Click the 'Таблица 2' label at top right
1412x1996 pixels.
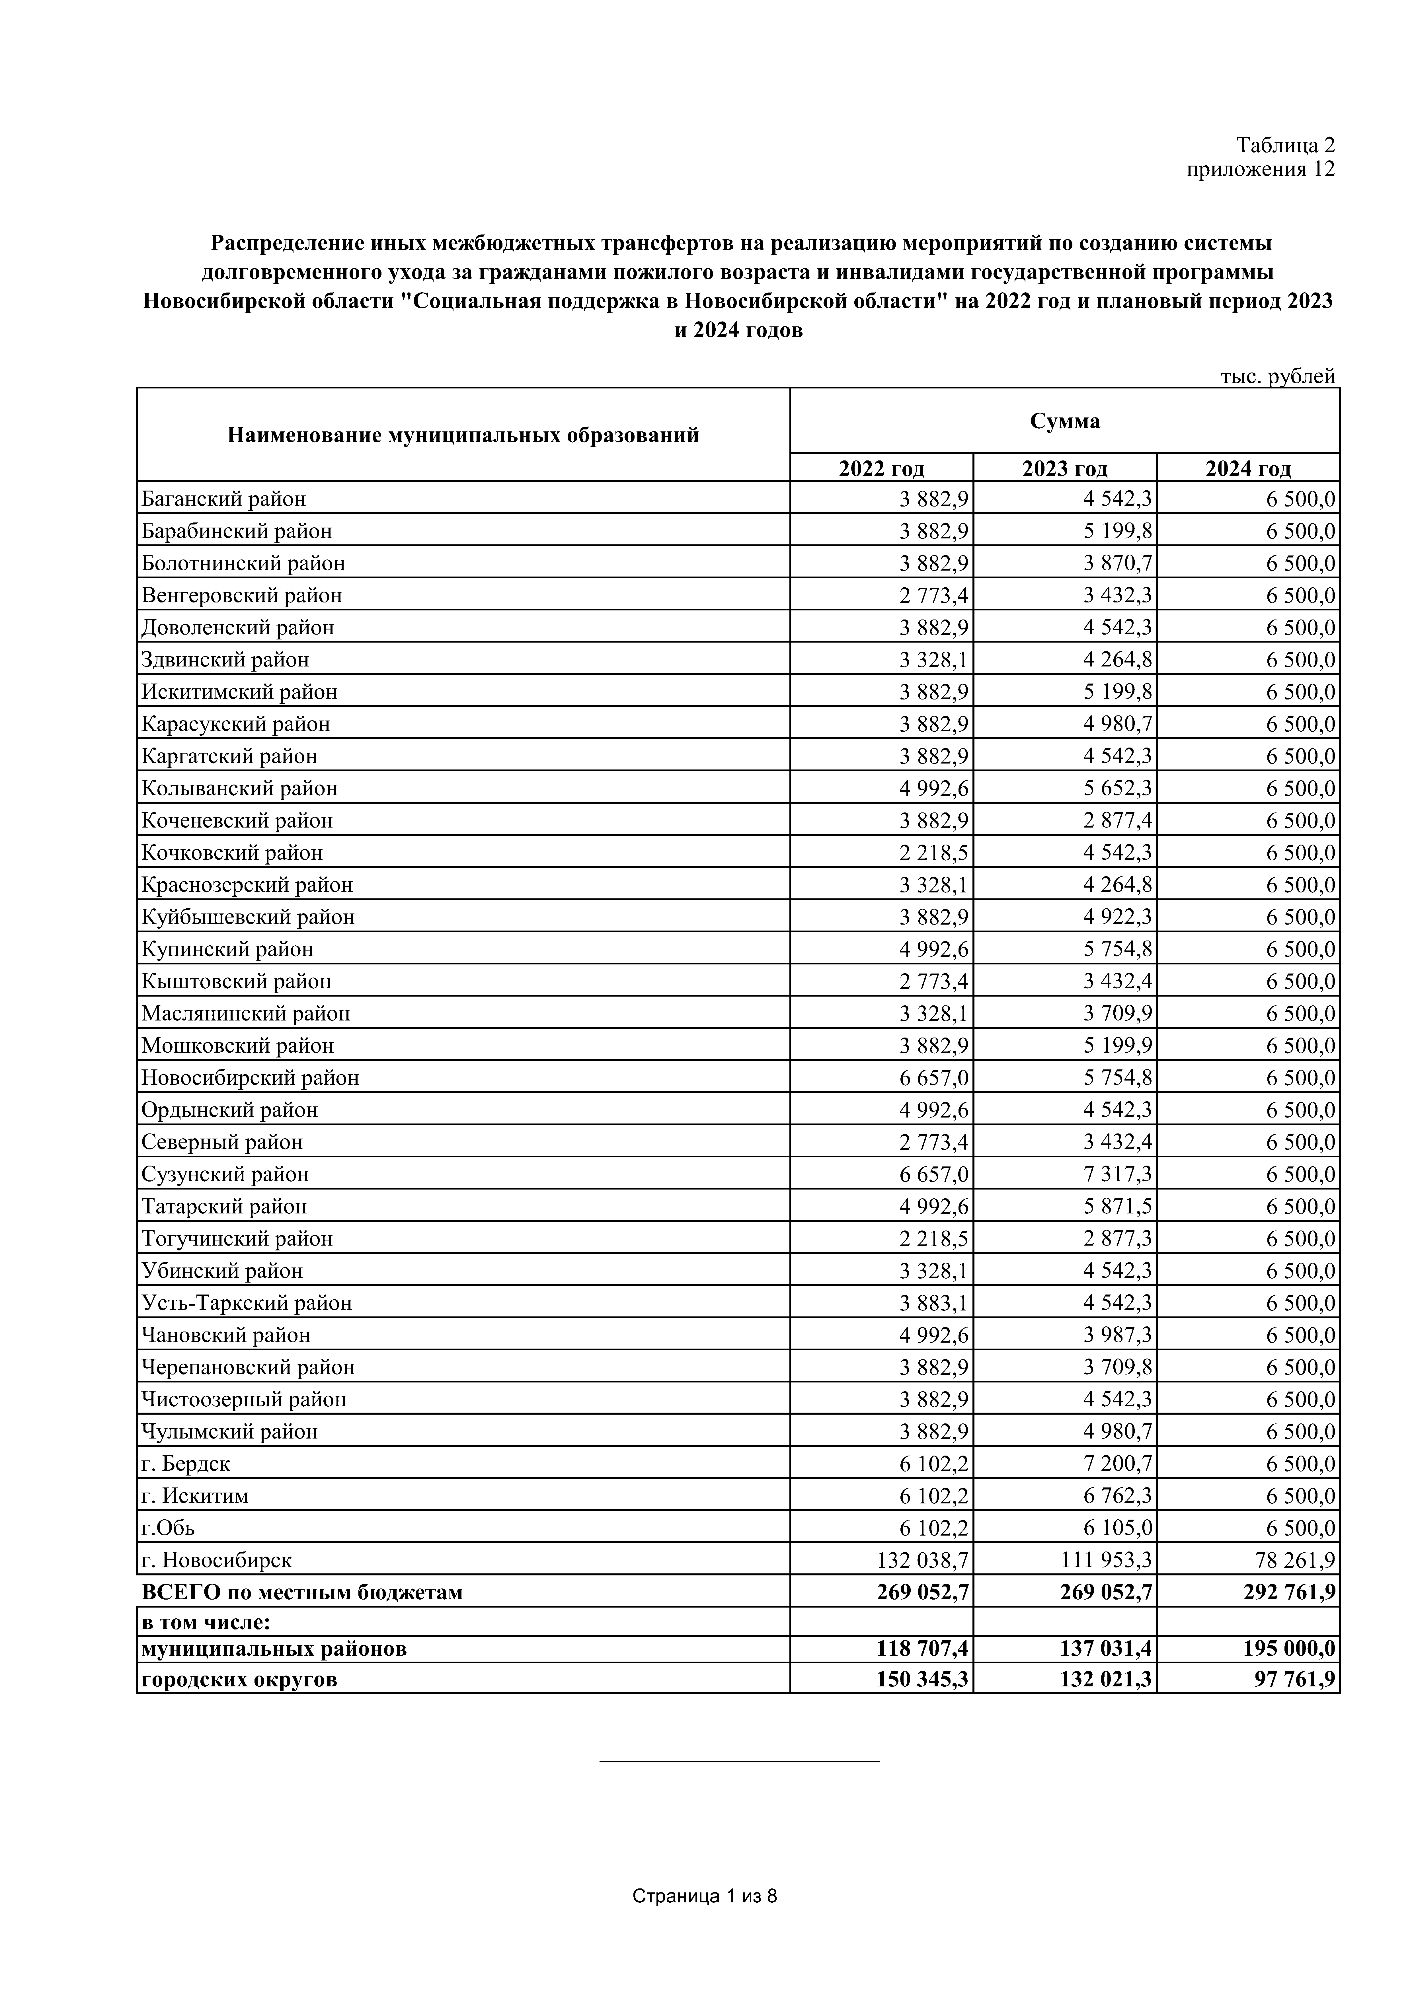click(1285, 144)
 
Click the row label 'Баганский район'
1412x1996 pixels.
click(223, 499)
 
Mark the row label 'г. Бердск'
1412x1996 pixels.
click(186, 1464)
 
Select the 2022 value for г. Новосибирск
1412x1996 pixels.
click(922, 1561)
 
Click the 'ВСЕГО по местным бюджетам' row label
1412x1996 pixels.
click(302, 1593)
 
